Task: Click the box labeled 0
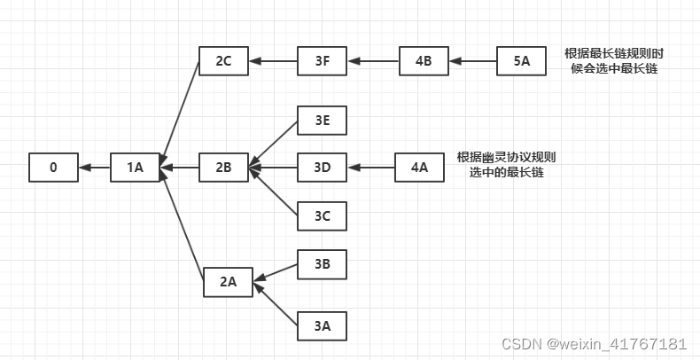coord(53,167)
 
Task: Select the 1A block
coord(135,167)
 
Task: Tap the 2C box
coord(223,61)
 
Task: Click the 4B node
coord(424,61)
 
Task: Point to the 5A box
coord(521,61)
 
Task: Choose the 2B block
coord(223,167)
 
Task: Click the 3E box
coord(321,121)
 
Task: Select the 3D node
coord(321,167)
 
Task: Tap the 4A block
coord(419,167)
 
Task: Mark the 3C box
coord(321,215)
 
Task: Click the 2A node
coord(228,282)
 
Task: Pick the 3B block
coord(321,263)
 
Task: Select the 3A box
coord(321,326)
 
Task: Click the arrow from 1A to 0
coord(94,167)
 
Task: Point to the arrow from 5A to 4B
coord(472,61)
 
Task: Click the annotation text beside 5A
coord(614,61)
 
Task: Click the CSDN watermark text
coord(594,343)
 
